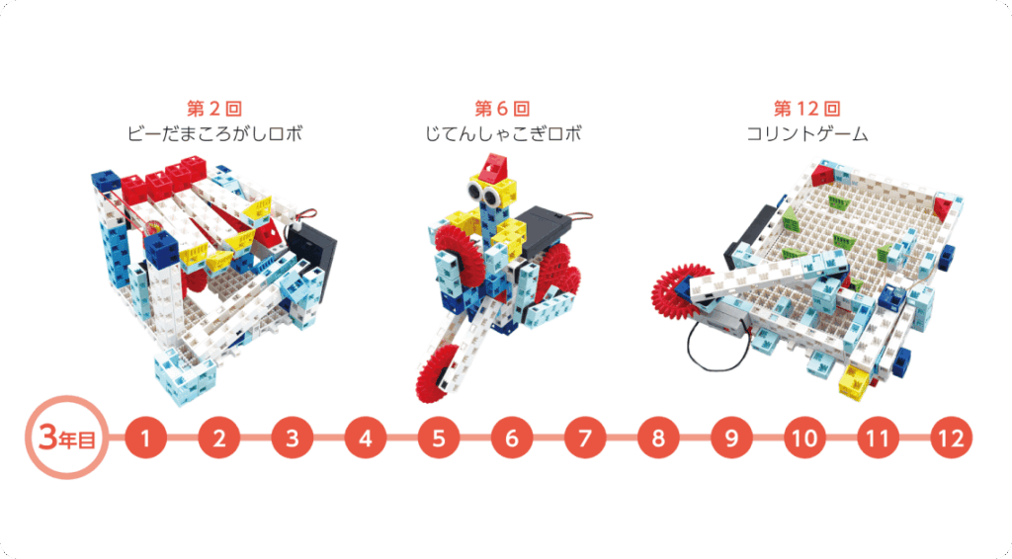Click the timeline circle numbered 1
click(146, 439)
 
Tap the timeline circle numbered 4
click(366, 439)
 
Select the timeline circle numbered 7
click(585, 439)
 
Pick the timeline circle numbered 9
click(731, 439)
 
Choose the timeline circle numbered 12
click(952, 439)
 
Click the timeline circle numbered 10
click(804, 439)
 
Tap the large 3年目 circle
click(66, 438)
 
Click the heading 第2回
click(214, 109)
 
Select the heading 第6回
click(502, 109)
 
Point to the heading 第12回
click(807, 109)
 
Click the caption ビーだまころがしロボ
click(214, 134)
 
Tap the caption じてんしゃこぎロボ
click(503, 134)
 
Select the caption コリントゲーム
click(807, 134)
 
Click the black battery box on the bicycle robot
click(546, 231)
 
